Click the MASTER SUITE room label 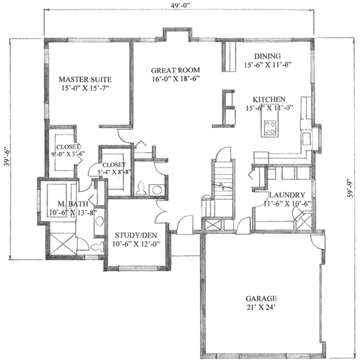pyautogui.click(x=85, y=79)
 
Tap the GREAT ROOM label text pyautogui.click(x=175, y=70)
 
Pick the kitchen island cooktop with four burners pyautogui.click(x=270, y=128)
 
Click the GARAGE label pyautogui.click(x=261, y=298)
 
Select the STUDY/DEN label pyautogui.click(x=136, y=235)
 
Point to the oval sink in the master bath pyautogui.click(x=100, y=221)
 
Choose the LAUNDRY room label pyautogui.click(x=287, y=195)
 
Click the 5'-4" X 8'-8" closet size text pyautogui.click(x=114, y=172)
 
